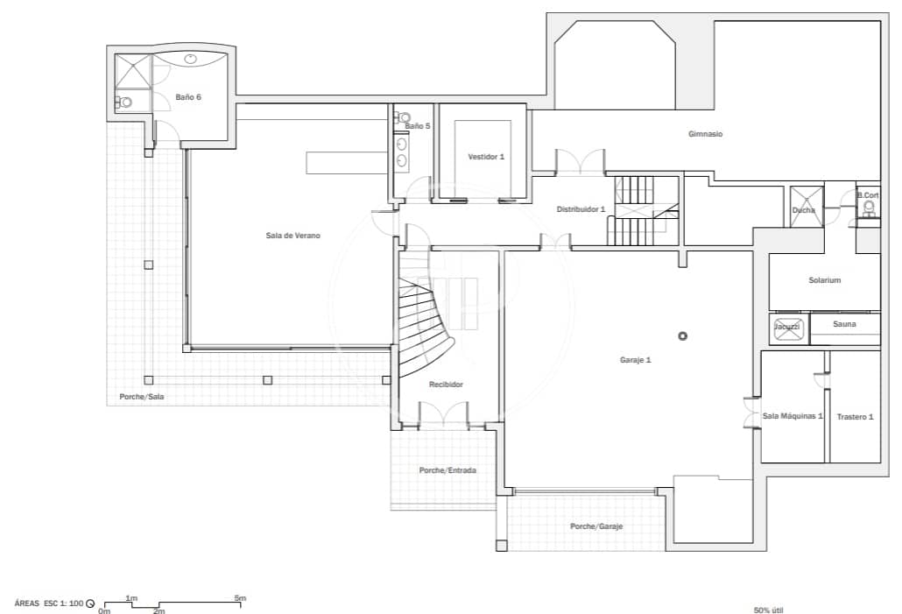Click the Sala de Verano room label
click(287, 235)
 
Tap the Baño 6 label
click(188, 97)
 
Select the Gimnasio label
click(705, 134)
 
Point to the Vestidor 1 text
click(486, 157)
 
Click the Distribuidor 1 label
click(581, 209)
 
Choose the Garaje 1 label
click(636, 360)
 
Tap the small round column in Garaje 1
click(682, 335)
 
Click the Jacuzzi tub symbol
click(787, 328)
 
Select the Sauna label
click(844, 324)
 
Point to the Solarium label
click(824, 280)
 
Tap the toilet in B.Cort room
click(869, 208)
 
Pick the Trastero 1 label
click(854, 417)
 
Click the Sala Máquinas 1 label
click(793, 416)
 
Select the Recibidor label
click(446, 385)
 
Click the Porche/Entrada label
click(447, 470)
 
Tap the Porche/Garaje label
click(595, 526)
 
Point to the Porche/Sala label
click(141, 397)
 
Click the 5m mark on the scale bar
click(239, 598)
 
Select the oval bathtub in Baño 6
click(193, 60)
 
